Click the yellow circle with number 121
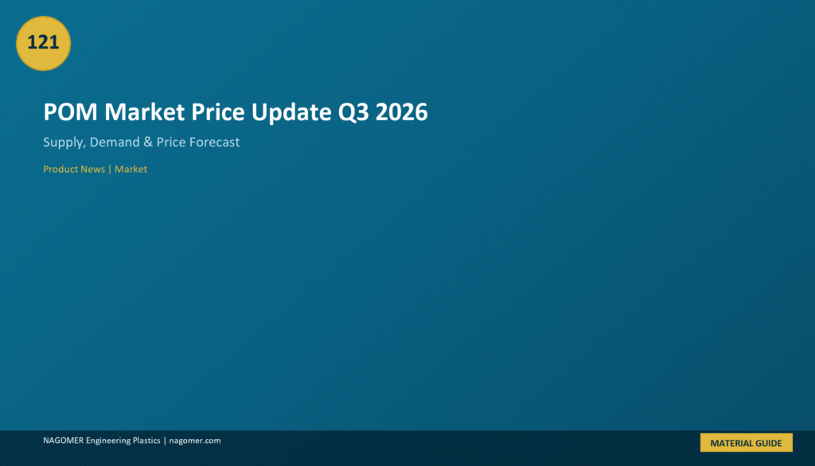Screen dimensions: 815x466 pos(43,43)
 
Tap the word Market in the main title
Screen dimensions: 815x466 pos(145,112)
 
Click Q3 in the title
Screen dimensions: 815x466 pos(353,112)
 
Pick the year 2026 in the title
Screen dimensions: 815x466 pos(401,112)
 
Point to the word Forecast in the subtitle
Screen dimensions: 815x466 pos(214,142)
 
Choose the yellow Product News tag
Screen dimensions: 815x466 pos(74,169)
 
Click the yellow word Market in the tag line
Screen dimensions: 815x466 pos(131,169)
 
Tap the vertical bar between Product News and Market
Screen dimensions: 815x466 pos(110,169)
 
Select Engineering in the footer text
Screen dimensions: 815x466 pos(108,441)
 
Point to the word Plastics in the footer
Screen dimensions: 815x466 pos(146,441)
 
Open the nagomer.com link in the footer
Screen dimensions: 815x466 pos(195,441)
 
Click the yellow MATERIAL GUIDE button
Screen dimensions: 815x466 pos(747,443)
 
